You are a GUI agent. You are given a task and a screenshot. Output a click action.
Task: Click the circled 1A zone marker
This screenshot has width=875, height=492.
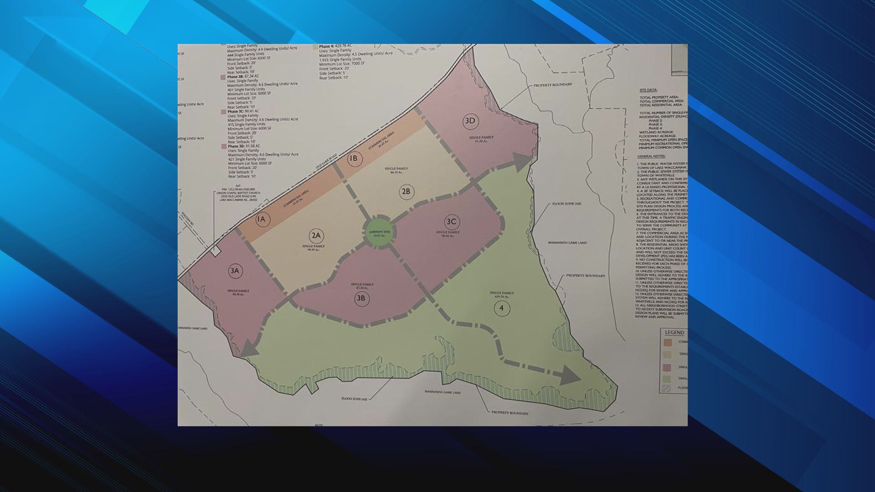point(261,220)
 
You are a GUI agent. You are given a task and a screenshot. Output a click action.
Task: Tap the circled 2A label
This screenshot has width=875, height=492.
point(316,236)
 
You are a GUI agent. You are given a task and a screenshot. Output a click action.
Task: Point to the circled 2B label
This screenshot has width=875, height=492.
point(406,191)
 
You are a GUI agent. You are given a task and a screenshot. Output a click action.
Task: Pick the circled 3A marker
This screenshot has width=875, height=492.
point(235,271)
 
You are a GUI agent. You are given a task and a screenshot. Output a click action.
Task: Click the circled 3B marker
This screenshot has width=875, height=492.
point(361,299)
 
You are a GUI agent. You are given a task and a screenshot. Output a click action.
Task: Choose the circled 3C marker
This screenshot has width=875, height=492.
point(451,222)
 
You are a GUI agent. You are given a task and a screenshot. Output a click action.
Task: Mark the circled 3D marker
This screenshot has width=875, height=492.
point(470,121)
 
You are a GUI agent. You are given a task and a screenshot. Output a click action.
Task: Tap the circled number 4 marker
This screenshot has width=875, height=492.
point(501,308)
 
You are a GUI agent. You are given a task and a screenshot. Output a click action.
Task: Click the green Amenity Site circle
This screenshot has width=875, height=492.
point(379,233)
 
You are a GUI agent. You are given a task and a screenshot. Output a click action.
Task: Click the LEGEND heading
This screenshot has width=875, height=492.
point(674,333)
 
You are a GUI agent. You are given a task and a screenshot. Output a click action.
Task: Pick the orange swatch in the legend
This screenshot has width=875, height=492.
point(668,342)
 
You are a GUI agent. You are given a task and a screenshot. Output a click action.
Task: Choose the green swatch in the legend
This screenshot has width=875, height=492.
point(668,379)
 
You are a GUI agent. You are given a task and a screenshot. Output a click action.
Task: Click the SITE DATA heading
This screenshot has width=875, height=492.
point(649,90)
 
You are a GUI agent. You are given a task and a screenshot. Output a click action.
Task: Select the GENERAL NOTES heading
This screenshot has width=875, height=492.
point(652,156)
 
